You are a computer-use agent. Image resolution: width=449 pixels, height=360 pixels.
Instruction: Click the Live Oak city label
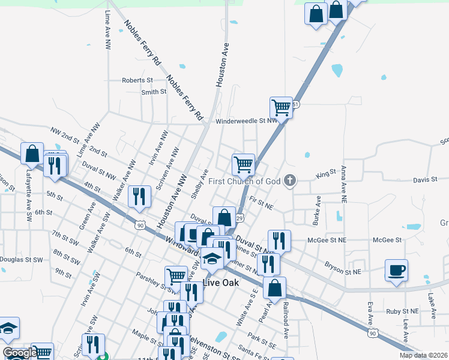[221, 283]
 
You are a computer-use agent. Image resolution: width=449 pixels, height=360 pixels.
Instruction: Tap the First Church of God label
[246, 181]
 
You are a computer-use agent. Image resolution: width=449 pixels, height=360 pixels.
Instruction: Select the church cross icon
[290, 181]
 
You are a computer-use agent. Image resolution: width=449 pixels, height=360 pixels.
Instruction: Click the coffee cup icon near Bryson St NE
[396, 269]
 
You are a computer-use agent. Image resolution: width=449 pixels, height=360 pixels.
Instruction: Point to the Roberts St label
[137, 80]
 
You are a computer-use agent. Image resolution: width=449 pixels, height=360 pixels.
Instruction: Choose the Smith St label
[154, 92]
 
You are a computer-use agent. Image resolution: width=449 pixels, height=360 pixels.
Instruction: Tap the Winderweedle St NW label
[246, 121]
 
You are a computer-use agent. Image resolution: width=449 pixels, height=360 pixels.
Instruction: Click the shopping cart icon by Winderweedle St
[281, 107]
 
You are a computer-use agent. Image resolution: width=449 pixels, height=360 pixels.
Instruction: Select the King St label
[326, 174]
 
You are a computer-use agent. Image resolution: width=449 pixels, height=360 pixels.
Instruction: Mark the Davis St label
[425, 180]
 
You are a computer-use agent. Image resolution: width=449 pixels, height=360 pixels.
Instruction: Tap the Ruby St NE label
[402, 311]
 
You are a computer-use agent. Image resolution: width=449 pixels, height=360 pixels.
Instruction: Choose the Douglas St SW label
[22, 260]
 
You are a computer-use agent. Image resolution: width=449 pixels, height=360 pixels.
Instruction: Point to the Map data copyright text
[424, 355]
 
